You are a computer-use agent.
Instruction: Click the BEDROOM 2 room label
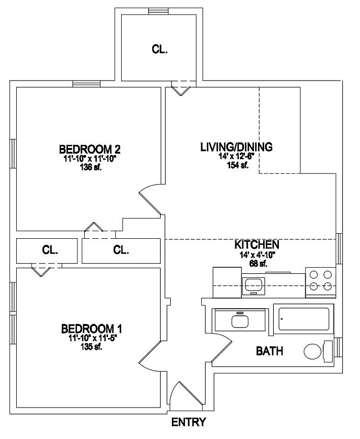pos(90,150)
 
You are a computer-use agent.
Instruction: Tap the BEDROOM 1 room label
pos(91,328)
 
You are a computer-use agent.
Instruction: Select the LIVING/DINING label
pos(237,147)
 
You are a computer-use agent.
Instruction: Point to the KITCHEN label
pos(250,245)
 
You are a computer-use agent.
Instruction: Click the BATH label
pos(269,351)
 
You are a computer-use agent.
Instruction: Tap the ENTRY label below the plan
pos(189,422)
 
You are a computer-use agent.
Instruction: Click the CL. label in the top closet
pos(160,49)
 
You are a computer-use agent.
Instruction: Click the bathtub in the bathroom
pos(302,319)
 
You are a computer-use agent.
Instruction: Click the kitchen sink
pos(253,285)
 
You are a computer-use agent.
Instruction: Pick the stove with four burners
pos(321,281)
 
